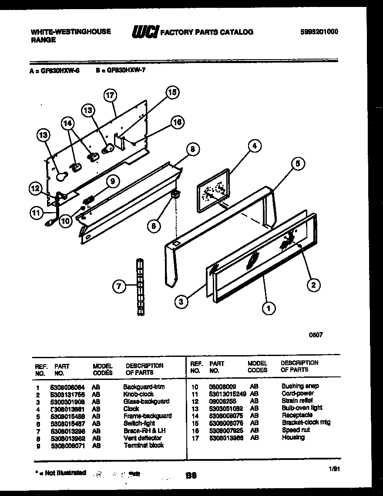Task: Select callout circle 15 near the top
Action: [x=172, y=92]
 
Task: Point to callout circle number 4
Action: [x=255, y=146]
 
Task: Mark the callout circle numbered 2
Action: [x=313, y=285]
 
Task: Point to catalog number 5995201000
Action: [x=319, y=32]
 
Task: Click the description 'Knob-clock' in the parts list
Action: [x=138, y=394]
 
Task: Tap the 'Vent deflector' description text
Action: [x=142, y=438]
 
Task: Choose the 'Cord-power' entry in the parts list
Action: [x=298, y=393]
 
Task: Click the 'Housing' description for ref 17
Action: [x=293, y=437]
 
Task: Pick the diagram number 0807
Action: [x=316, y=335]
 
